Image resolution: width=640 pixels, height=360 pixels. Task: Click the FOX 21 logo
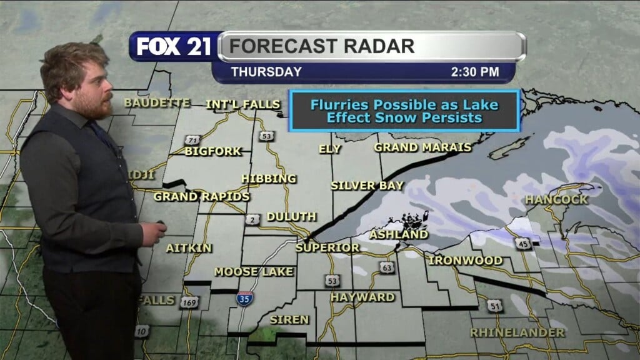click(174, 47)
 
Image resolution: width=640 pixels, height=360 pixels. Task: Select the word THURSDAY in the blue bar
click(266, 72)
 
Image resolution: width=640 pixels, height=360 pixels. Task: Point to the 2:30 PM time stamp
click(474, 72)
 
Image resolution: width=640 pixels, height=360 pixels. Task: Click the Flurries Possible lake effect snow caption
click(404, 111)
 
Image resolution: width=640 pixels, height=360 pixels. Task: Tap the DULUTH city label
click(291, 217)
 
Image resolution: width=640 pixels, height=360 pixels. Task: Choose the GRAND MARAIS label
click(422, 147)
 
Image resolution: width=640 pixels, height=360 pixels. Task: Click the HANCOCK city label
click(556, 200)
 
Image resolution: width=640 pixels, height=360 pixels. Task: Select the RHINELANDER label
click(517, 332)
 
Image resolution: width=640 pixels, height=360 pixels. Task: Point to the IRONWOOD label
click(466, 260)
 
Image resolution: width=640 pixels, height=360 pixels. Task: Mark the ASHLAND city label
click(399, 235)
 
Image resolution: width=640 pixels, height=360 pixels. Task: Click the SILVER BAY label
click(367, 186)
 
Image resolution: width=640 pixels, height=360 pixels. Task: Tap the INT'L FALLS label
click(243, 104)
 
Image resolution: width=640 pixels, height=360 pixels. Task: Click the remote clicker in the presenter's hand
click(161, 223)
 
